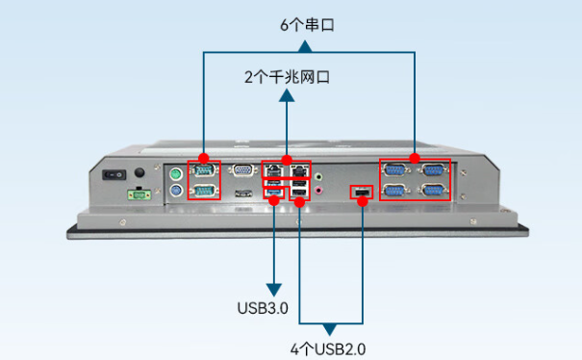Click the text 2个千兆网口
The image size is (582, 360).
[x=287, y=76]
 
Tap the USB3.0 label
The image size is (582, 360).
[x=263, y=309]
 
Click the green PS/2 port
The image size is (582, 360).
[x=176, y=174]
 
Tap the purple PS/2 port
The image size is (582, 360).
[x=176, y=193]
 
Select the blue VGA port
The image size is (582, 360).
[x=242, y=171]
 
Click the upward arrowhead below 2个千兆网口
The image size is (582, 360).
[x=287, y=95]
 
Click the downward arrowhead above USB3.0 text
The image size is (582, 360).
[x=274, y=288]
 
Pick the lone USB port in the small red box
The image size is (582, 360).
[x=361, y=194]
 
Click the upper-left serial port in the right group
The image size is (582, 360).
[x=395, y=171]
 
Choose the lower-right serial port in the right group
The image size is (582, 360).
[x=434, y=192]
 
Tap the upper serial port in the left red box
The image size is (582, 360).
[x=203, y=171]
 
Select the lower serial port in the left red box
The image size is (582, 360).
[x=203, y=191]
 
